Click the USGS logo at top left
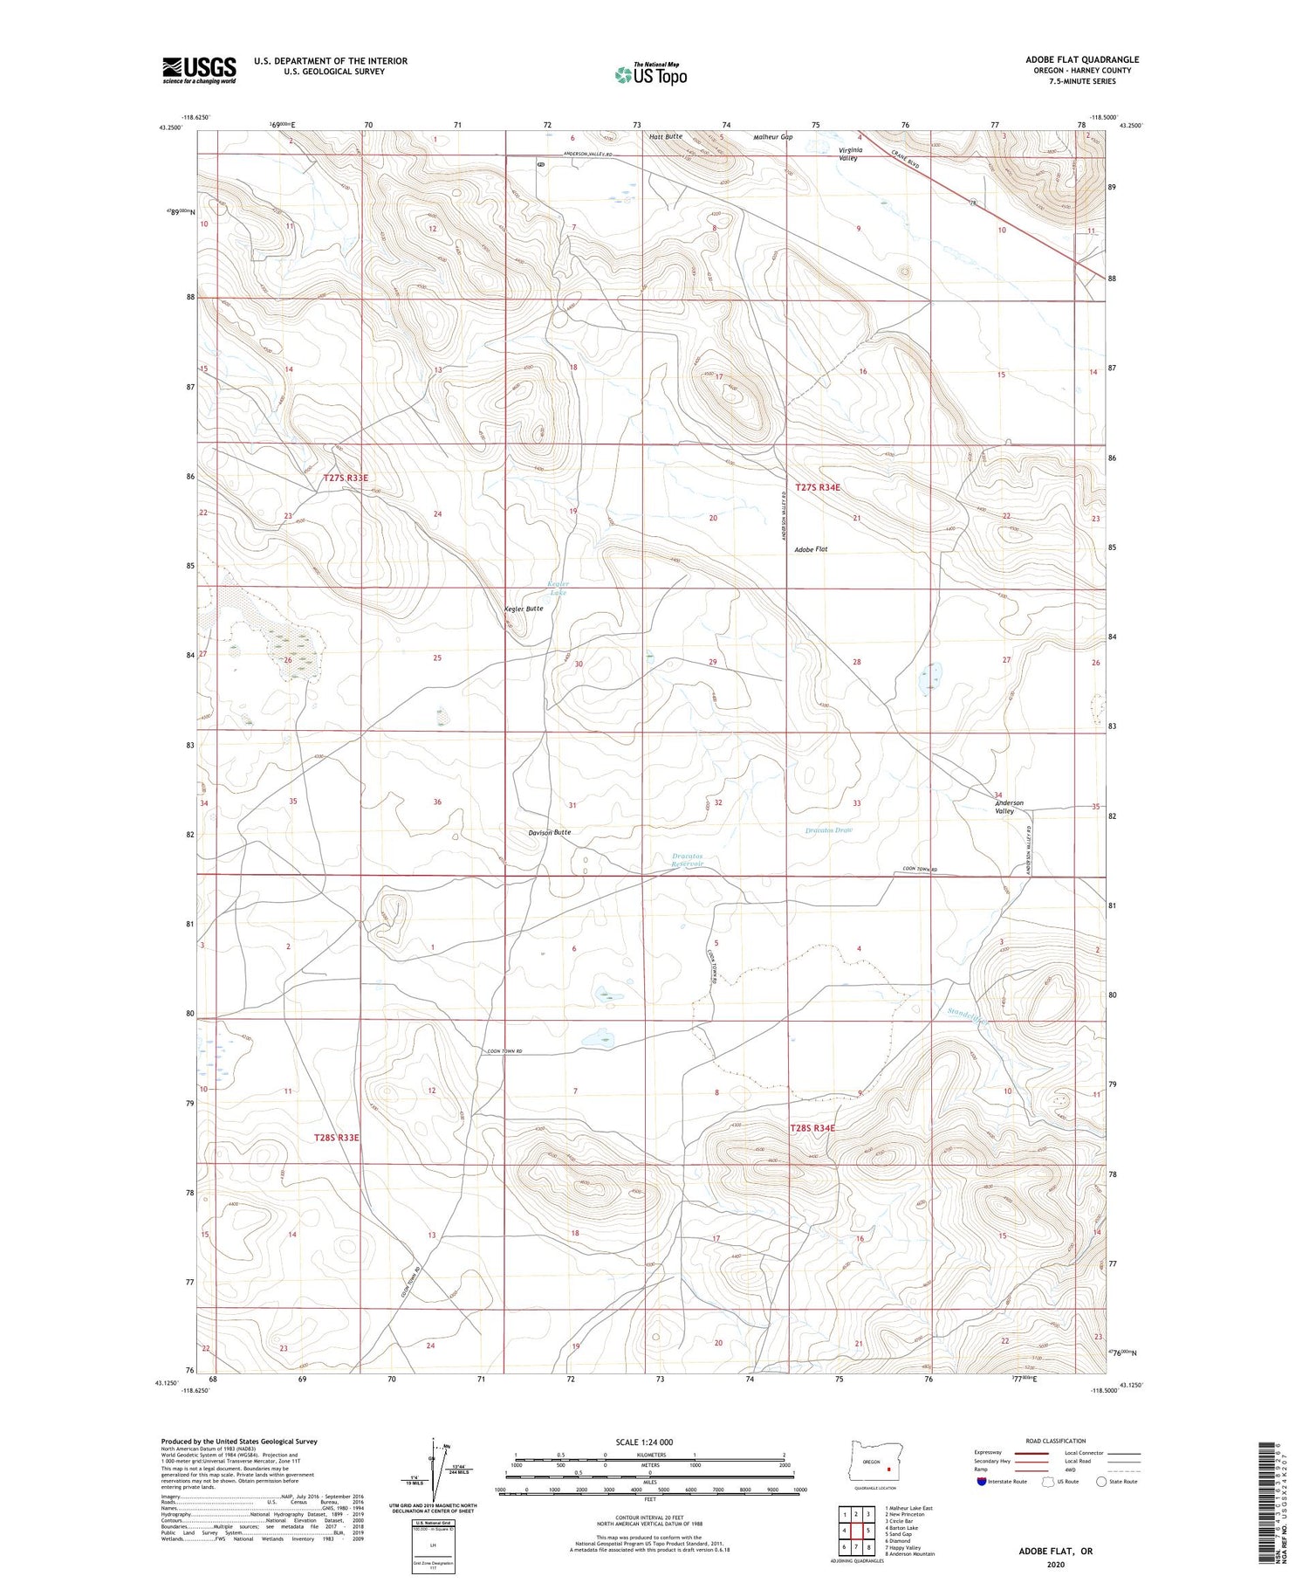pyautogui.click(x=199, y=70)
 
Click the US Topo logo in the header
pyautogui.click(x=651, y=75)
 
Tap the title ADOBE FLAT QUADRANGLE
pyautogui.click(x=1082, y=59)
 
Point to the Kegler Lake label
pyautogui.click(x=558, y=588)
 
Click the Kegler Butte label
pyautogui.click(x=524, y=609)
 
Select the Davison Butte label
pyautogui.click(x=550, y=832)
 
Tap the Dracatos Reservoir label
pyautogui.click(x=688, y=860)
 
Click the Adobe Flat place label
pyautogui.click(x=811, y=549)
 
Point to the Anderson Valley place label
pyautogui.click(x=1009, y=807)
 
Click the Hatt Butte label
pyautogui.click(x=666, y=137)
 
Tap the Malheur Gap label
pyautogui.click(x=772, y=137)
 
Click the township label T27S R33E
pyautogui.click(x=346, y=478)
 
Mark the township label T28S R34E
pyautogui.click(x=812, y=1128)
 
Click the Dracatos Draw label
pyautogui.click(x=828, y=829)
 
